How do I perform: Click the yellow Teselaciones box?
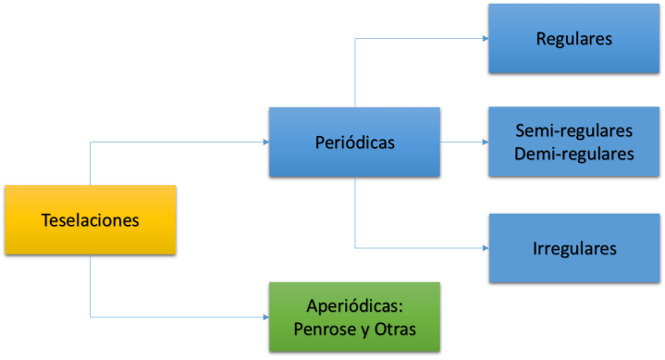[91, 221]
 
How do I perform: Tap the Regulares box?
[574, 39]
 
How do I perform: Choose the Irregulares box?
[574, 248]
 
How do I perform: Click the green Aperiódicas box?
[353, 318]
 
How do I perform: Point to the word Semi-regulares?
[574, 130]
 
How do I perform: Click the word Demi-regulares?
[574, 154]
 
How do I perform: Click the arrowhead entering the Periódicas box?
[264, 142]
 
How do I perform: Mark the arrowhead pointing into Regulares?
[484, 39]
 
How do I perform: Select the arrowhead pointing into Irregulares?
[484, 248]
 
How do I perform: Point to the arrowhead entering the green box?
[264, 317]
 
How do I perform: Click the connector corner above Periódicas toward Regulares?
[355, 39]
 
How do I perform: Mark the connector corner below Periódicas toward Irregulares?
[355, 248]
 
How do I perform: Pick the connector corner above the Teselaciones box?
[91, 142]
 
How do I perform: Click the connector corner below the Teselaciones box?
[91, 317]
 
